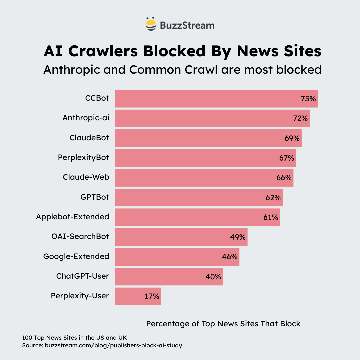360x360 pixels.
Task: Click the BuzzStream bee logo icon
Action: tap(151, 24)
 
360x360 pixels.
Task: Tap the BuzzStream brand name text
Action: tap(187, 25)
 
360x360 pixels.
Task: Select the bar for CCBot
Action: tap(207, 99)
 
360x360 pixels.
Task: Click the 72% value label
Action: tap(300, 118)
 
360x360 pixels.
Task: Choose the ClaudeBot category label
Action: tap(89, 138)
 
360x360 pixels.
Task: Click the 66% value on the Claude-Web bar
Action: tap(284, 178)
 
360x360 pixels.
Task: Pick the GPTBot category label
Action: tap(95, 197)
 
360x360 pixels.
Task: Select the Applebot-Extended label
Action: tap(73, 217)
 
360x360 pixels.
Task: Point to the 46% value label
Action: tap(230, 257)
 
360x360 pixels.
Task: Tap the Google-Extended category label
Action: tap(76, 256)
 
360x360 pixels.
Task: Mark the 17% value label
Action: tap(152, 296)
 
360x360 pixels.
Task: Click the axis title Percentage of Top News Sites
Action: tap(223, 324)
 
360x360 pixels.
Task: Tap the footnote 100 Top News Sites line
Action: tap(74, 337)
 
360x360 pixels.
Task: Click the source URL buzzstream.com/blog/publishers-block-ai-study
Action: tap(113, 345)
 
